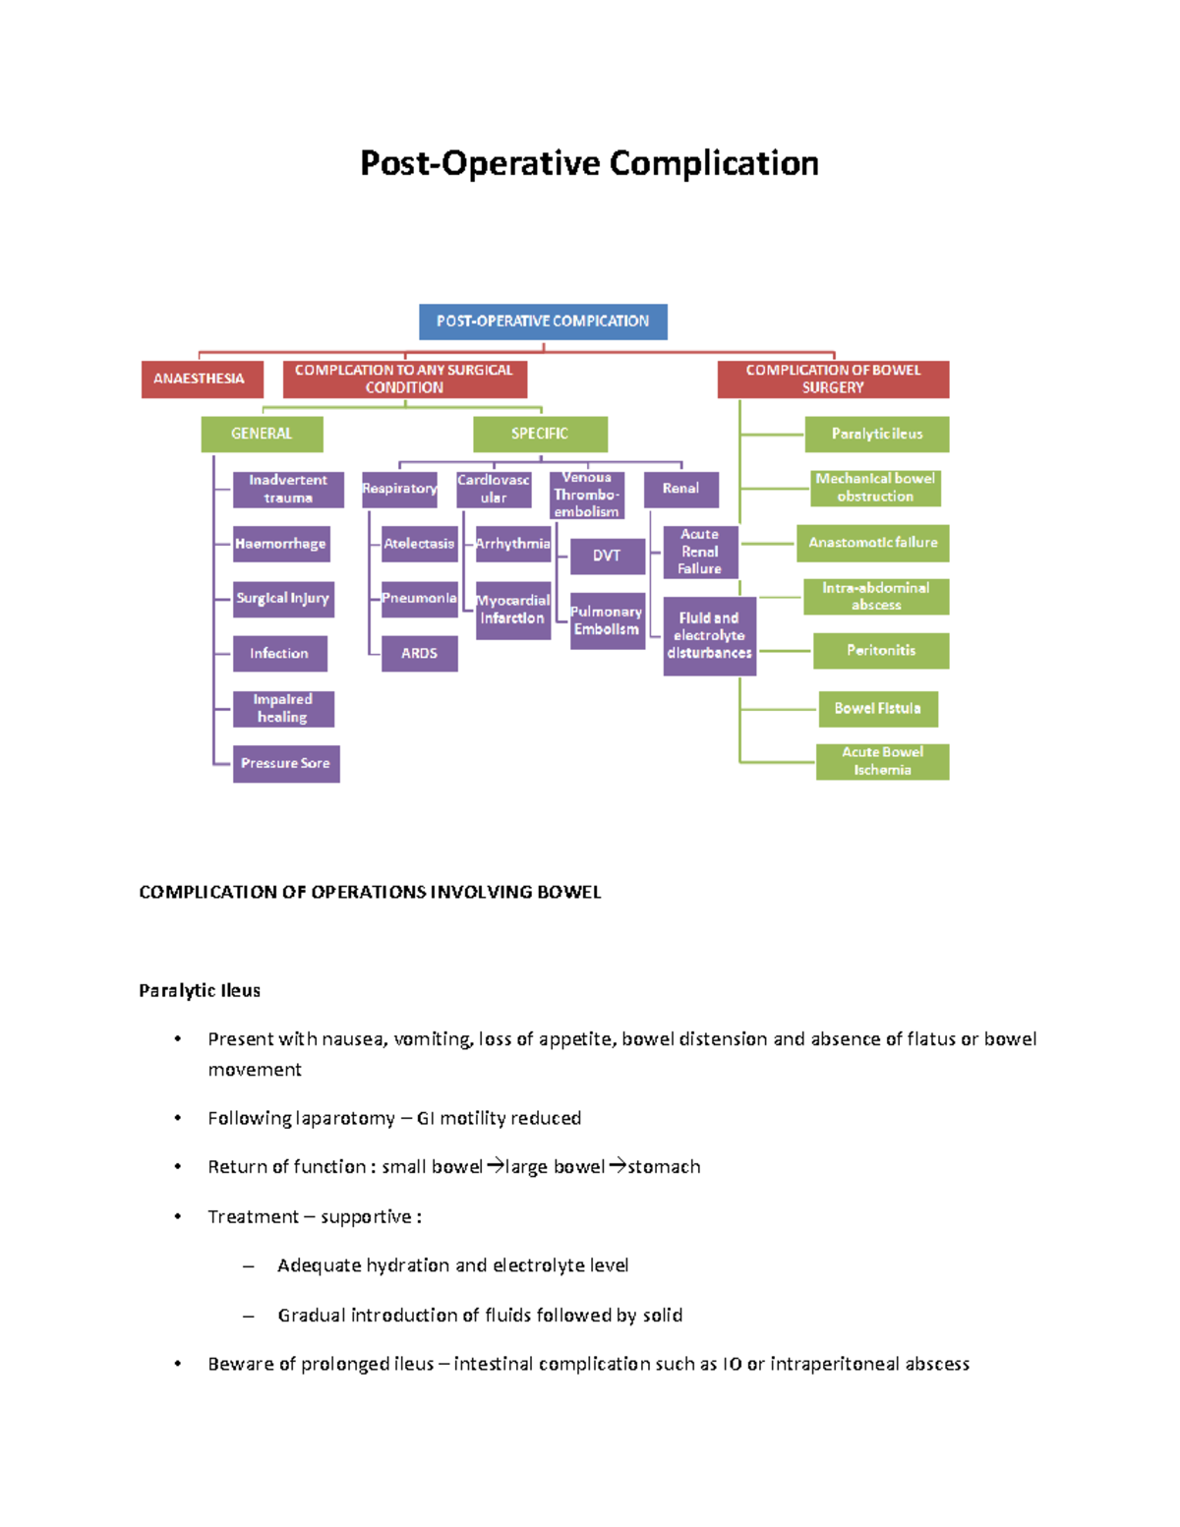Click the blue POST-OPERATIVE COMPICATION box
tap(543, 322)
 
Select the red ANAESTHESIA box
tap(202, 379)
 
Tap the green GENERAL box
tap(262, 434)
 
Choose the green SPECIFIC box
tap(540, 434)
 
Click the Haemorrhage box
tap(280, 544)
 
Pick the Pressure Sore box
tap(286, 764)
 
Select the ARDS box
tap(420, 654)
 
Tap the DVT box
tap(607, 556)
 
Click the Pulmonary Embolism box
tap(607, 620)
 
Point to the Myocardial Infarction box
tap(513, 610)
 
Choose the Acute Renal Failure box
tap(700, 552)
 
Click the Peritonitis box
tap(881, 651)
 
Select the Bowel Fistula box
tap(878, 709)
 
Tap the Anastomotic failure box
tap(873, 543)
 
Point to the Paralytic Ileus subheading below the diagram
tap(200, 991)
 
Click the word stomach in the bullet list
tap(665, 1167)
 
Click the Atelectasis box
tap(420, 544)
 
